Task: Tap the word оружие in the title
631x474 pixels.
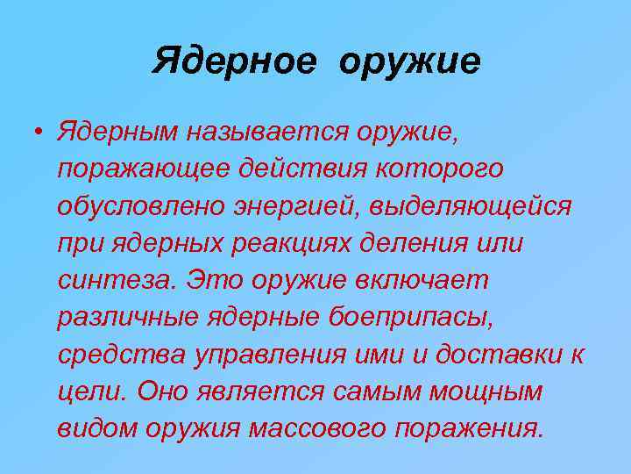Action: coord(408,62)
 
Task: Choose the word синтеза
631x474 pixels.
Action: coord(112,282)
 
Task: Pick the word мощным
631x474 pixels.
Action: coord(486,392)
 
